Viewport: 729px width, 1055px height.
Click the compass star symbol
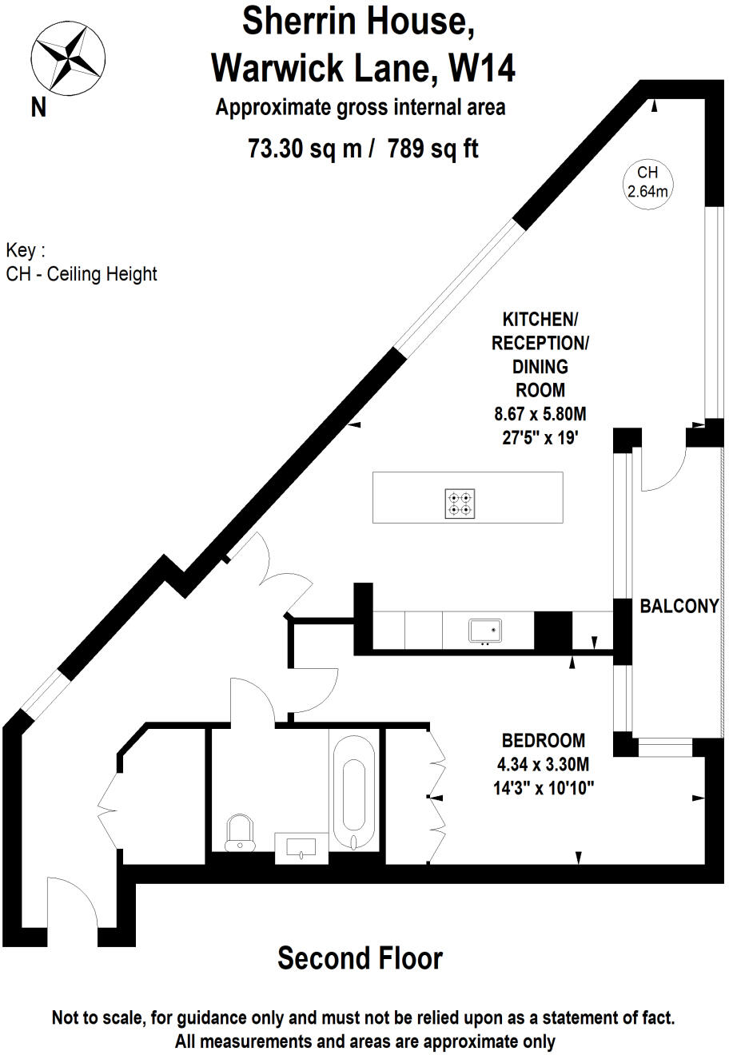tap(68, 57)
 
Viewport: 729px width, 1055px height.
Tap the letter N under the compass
tap(38, 106)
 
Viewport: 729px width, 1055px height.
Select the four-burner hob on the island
tap(460, 503)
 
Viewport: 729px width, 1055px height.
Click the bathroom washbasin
tap(301, 847)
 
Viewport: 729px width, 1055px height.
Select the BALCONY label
tap(679, 606)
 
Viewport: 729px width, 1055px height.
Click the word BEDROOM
tap(543, 741)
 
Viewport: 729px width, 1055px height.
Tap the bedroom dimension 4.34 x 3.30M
tap(543, 764)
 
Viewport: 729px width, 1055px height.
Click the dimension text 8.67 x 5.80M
tap(540, 414)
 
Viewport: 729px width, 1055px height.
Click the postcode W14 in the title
tap(482, 68)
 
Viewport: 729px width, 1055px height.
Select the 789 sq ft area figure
tap(432, 149)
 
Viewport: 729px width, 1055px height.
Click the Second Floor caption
tap(360, 957)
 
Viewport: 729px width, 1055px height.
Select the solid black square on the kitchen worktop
tap(552, 630)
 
